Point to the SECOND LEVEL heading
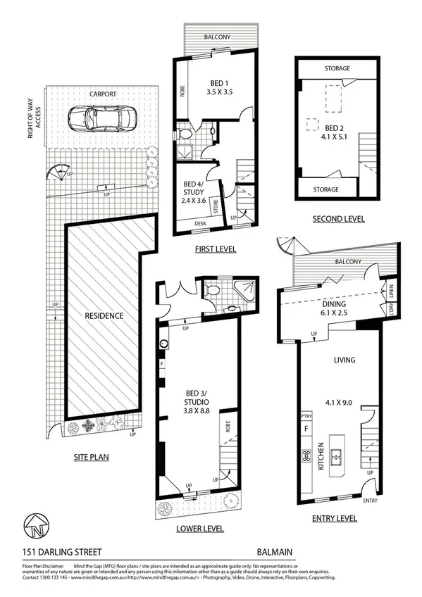tap(339, 219)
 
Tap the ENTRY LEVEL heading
tap(334, 518)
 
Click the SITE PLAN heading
tap(91, 456)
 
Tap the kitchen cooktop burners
tap(306, 456)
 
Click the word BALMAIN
tap(275, 553)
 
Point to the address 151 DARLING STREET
tap(51, 553)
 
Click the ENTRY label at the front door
tap(370, 501)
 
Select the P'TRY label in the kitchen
tap(306, 417)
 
